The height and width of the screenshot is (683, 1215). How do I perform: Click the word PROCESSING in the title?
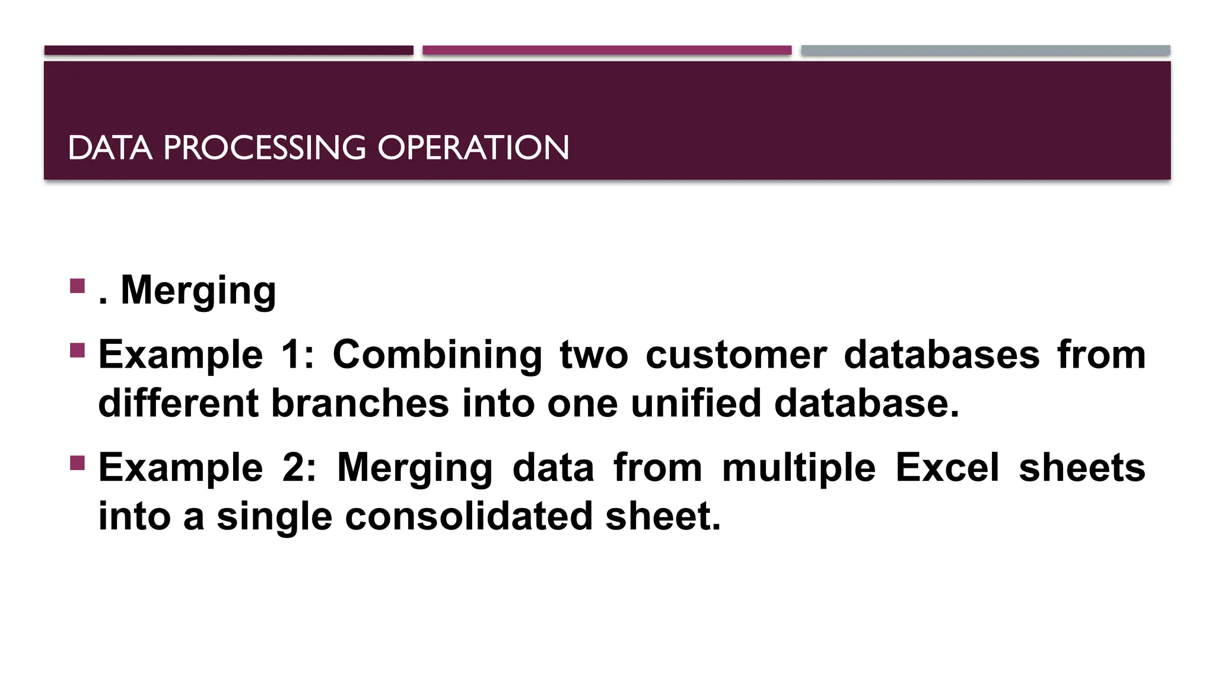pos(264,148)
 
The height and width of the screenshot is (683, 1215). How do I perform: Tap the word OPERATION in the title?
pos(473,148)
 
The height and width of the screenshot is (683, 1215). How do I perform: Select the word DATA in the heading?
pos(110,148)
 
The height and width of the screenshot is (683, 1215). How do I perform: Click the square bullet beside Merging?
pos(77,286)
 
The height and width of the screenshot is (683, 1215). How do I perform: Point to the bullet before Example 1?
pos(77,350)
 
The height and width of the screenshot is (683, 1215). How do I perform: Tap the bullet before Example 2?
pos(77,462)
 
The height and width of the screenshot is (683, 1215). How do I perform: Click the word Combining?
pos(437,355)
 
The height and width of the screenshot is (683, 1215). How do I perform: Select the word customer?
pos(736,355)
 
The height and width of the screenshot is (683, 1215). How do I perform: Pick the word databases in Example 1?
pos(942,355)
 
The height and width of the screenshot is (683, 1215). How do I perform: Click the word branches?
pos(360,404)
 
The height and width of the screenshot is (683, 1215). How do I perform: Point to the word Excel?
pos(947,468)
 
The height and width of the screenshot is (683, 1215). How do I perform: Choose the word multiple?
pos(799,468)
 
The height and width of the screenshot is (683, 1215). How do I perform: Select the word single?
pos(274,516)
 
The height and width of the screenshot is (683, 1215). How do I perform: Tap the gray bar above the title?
pos(985,50)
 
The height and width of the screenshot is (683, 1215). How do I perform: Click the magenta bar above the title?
pos(607,50)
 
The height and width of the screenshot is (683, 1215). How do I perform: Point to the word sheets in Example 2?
pos(1082,468)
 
